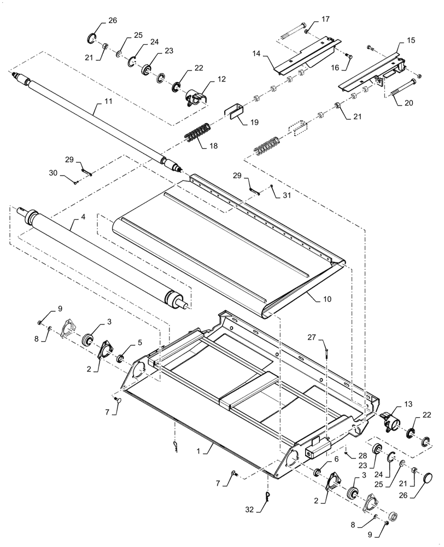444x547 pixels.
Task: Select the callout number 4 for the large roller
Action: tap(83, 218)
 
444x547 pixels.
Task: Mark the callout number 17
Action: tap(325, 19)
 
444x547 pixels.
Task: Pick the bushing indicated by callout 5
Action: tap(120, 358)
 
